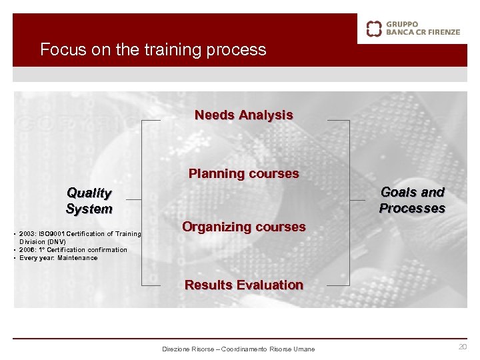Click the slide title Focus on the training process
point(153,50)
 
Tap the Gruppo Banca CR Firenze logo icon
point(374,28)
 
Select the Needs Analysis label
point(243,115)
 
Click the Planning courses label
point(243,174)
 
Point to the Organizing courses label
point(243,227)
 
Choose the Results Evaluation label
point(243,285)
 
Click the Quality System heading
point(89,201)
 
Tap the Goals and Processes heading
point(412,200)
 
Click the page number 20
point(462,347)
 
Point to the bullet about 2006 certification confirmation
point(73,250)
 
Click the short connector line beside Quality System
point(133,199)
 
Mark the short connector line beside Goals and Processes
point(359,199)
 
